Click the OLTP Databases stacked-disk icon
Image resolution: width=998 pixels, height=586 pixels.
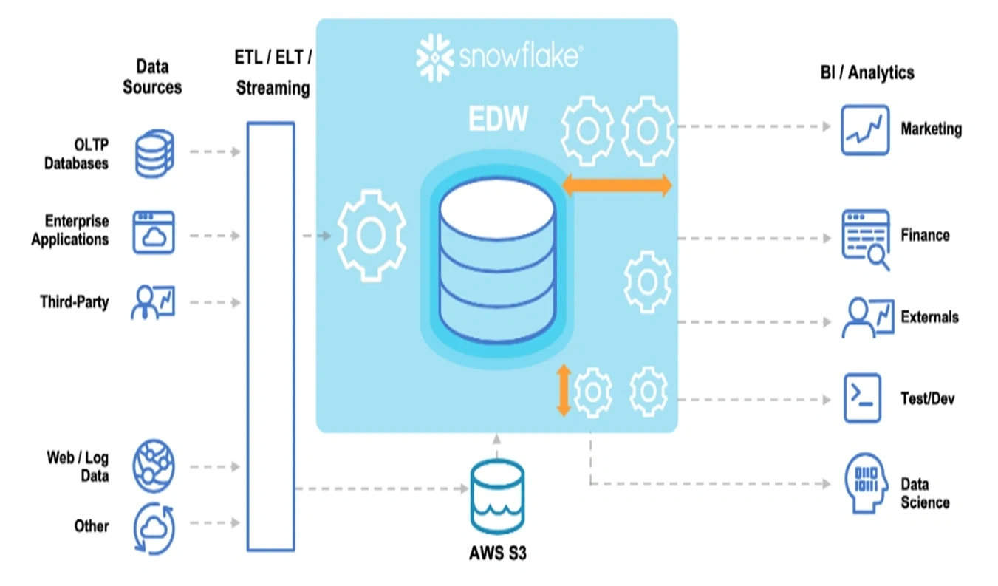tap(154, 153)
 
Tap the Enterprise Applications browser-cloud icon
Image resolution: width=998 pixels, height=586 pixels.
tap(153, 232)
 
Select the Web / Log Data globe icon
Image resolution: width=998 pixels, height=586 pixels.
tap(154, 466)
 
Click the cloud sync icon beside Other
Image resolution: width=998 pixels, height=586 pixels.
tap(154, 528)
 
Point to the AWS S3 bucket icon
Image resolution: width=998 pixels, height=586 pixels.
tap(497, 497)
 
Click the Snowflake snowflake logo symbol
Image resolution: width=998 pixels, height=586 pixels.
tap(434, 58)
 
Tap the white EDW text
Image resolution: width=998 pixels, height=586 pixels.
tap(498, 118)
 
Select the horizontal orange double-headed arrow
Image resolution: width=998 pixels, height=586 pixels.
tap(617, 185)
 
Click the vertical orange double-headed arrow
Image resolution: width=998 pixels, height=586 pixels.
tap(564, 390)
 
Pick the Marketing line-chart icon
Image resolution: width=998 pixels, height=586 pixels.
tap(865, 130)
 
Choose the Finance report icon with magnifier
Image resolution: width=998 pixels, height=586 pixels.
tap(866, 239)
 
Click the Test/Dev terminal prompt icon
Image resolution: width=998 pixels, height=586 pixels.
tap(862, 398)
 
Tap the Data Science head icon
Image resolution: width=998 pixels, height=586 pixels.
tap(865, 483)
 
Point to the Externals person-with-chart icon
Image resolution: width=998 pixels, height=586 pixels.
tap(867, 317)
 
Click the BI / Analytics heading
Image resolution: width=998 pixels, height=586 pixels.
tap(867, 72)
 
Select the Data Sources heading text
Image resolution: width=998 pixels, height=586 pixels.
tap(152, 77)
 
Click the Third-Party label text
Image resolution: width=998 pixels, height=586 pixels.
tap(75, 302)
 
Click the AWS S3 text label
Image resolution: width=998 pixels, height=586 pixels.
tap(498, 553)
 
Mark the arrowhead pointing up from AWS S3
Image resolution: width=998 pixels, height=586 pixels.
tap(496, 440)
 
